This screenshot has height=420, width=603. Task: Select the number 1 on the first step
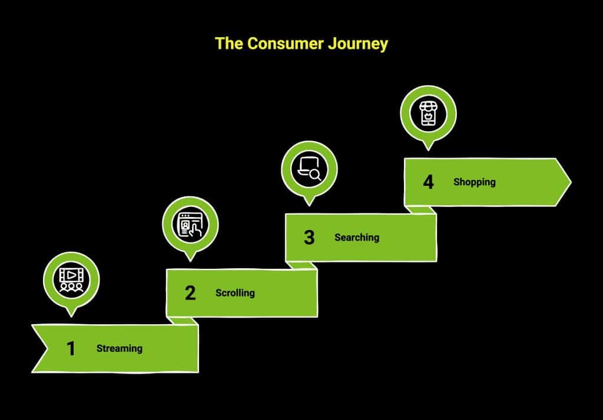[x=71, y=349]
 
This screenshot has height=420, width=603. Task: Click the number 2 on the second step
[x=190, y=293]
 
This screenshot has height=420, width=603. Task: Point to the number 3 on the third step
[x=309, y=238]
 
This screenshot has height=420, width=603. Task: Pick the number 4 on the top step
[x=428, y=182]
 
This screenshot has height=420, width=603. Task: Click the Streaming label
[x=120, y=348]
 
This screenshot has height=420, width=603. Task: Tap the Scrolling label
[x=235, y=293]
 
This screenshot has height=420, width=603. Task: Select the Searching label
[x=357, y=238]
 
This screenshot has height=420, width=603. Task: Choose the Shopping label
[x=474, y=182]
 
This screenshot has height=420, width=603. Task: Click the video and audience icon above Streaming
[x=71, y=280]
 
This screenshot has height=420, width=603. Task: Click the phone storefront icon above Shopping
[x=428, y=114]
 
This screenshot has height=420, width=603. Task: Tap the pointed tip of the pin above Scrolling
[x=190, y=259]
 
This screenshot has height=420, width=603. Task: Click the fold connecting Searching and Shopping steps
[x=419, y=210]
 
